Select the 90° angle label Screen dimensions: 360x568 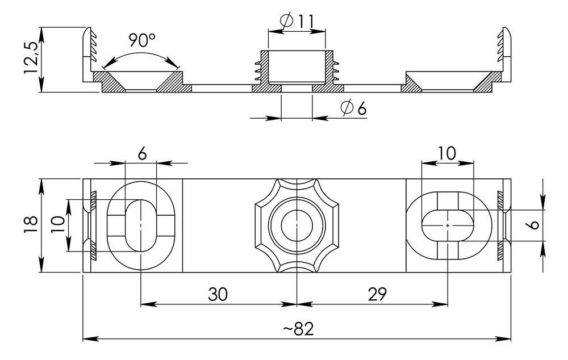[141, 40]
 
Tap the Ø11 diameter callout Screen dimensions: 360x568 [297, 22]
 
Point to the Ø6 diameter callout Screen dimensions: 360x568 [353, 108]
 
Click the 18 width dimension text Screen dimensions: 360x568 [31, 225]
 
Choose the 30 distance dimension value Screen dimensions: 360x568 [218, 294]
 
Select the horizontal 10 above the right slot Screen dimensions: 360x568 [446, 153]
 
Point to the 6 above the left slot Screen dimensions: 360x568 [141, 153]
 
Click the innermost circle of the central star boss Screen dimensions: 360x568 [296, 225]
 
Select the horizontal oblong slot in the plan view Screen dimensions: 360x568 [448, 225]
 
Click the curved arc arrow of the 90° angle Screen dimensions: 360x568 [140, 56]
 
